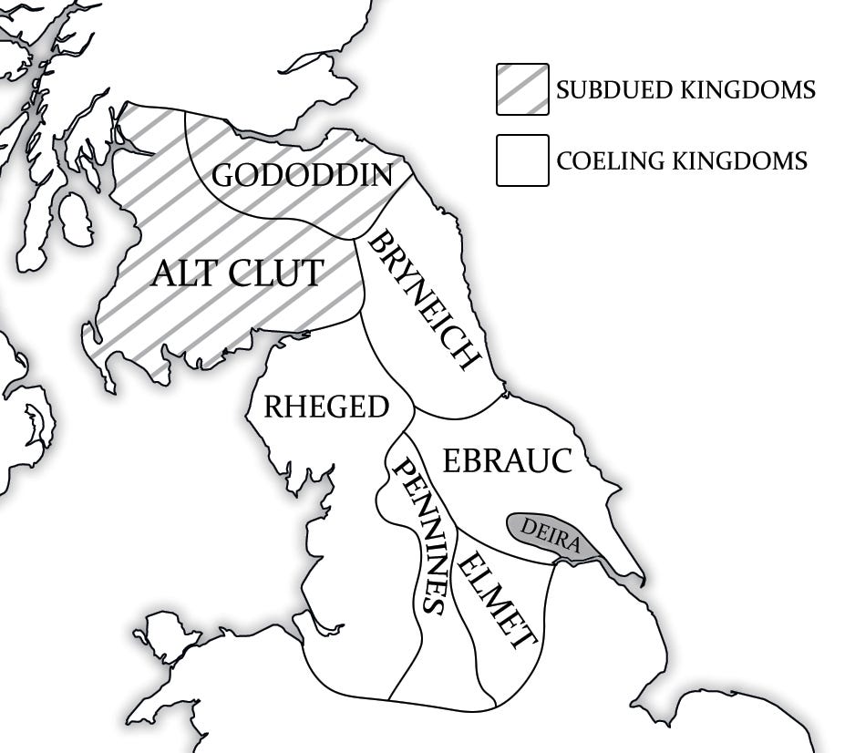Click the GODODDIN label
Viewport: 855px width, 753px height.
(302, 175)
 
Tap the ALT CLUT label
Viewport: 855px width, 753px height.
(236, 273)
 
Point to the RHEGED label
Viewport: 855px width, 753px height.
(325, 407)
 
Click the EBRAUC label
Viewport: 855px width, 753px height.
(507, 460)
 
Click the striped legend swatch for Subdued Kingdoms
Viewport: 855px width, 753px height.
(522, 89)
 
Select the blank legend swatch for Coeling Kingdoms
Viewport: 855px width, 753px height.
(522, 160)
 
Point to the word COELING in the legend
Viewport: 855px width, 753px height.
(610, 161)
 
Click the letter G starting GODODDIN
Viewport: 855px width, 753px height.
(224, 175)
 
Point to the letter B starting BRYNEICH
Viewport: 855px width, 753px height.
(376, 242)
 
